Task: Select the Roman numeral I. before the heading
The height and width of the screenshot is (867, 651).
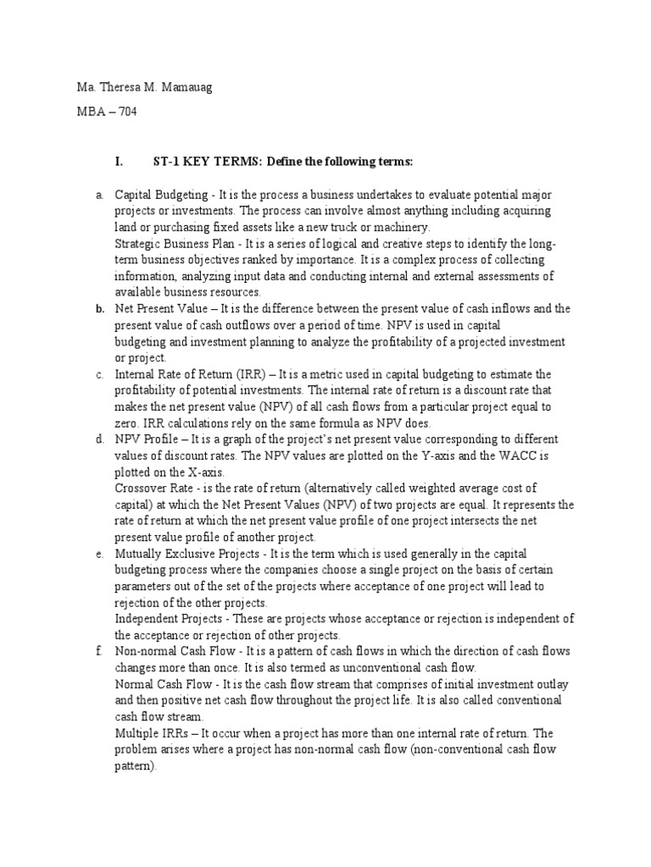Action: [119, 161]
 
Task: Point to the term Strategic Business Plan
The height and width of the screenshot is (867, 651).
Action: [175, 244]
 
